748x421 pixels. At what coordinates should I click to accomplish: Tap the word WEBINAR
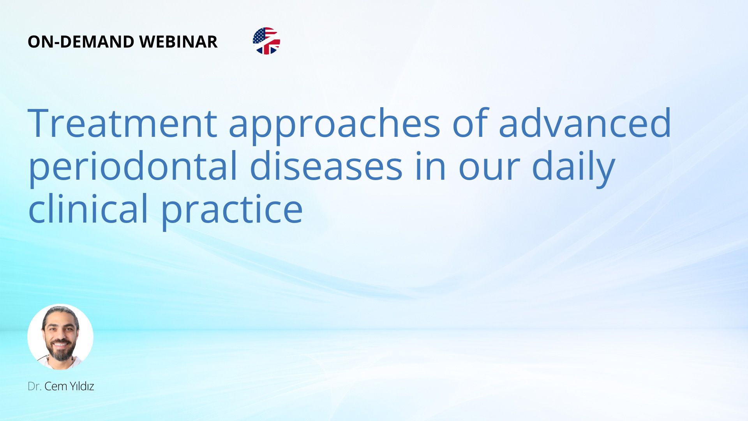(178, 42)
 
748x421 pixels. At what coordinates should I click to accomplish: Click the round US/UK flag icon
(266, 41)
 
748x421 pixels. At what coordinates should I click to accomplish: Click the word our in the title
(489, 170)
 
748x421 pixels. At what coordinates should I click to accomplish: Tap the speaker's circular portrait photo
(60, 337)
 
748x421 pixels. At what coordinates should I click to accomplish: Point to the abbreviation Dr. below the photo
(34, 386)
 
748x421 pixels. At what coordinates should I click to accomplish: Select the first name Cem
(56, 386)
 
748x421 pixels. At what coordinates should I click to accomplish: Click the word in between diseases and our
(430, 166)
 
